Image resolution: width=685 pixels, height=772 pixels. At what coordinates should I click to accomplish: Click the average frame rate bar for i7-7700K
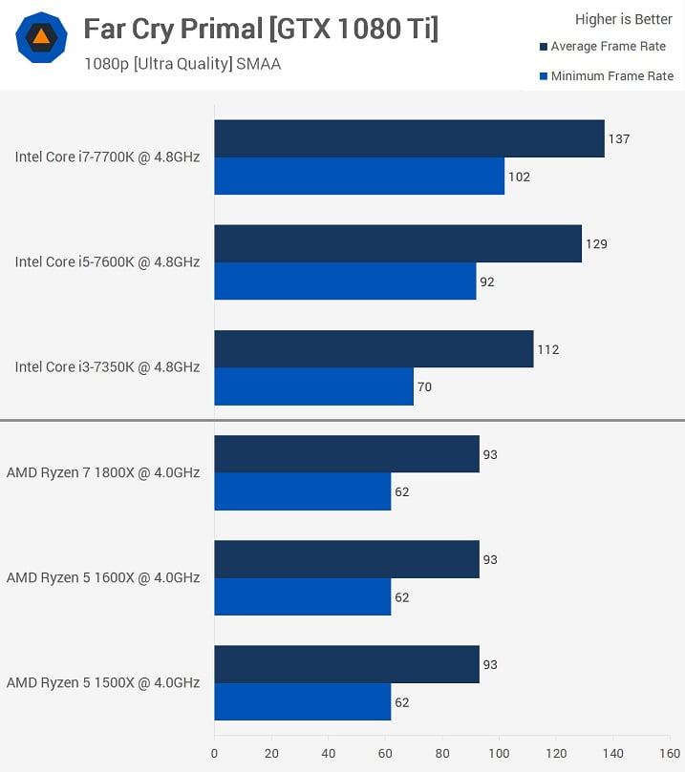[409, 138]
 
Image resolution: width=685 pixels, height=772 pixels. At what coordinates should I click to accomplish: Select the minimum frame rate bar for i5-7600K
[345, 282]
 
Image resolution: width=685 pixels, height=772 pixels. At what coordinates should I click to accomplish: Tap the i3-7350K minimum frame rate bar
[313, 386]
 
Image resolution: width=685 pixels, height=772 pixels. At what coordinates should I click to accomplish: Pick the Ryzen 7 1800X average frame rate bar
[346, 454]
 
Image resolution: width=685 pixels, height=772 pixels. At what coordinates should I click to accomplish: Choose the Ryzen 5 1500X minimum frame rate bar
[302, 702]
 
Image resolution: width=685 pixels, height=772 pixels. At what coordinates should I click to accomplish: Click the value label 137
[619, 139]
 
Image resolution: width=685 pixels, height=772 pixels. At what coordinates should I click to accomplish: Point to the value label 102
[519, 177]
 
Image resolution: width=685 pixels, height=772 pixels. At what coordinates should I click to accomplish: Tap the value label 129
[596, 244]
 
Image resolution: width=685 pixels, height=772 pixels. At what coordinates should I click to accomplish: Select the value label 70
[425, 387]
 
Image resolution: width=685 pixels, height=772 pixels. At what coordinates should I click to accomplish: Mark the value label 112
[547, 349]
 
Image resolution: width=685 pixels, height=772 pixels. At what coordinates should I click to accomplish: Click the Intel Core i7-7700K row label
[107, 156]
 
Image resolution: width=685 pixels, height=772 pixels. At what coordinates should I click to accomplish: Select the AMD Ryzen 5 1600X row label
[103, 577]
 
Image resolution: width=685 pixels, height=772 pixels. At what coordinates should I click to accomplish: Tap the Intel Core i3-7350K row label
[107, 366]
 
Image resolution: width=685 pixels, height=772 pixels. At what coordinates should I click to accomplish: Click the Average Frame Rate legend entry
[608, 47]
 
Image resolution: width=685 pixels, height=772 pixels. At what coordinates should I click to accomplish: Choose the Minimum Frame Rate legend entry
[611, 76]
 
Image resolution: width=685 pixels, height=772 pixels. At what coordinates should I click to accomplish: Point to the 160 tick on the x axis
[669, 753]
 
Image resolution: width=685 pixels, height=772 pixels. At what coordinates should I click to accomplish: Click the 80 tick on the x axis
[441, 753]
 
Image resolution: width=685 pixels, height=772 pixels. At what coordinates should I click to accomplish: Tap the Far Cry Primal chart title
[261, 30]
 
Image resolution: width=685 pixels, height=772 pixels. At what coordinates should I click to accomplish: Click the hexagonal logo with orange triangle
[41, 38]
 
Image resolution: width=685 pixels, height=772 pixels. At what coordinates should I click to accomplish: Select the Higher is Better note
[624, 19]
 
